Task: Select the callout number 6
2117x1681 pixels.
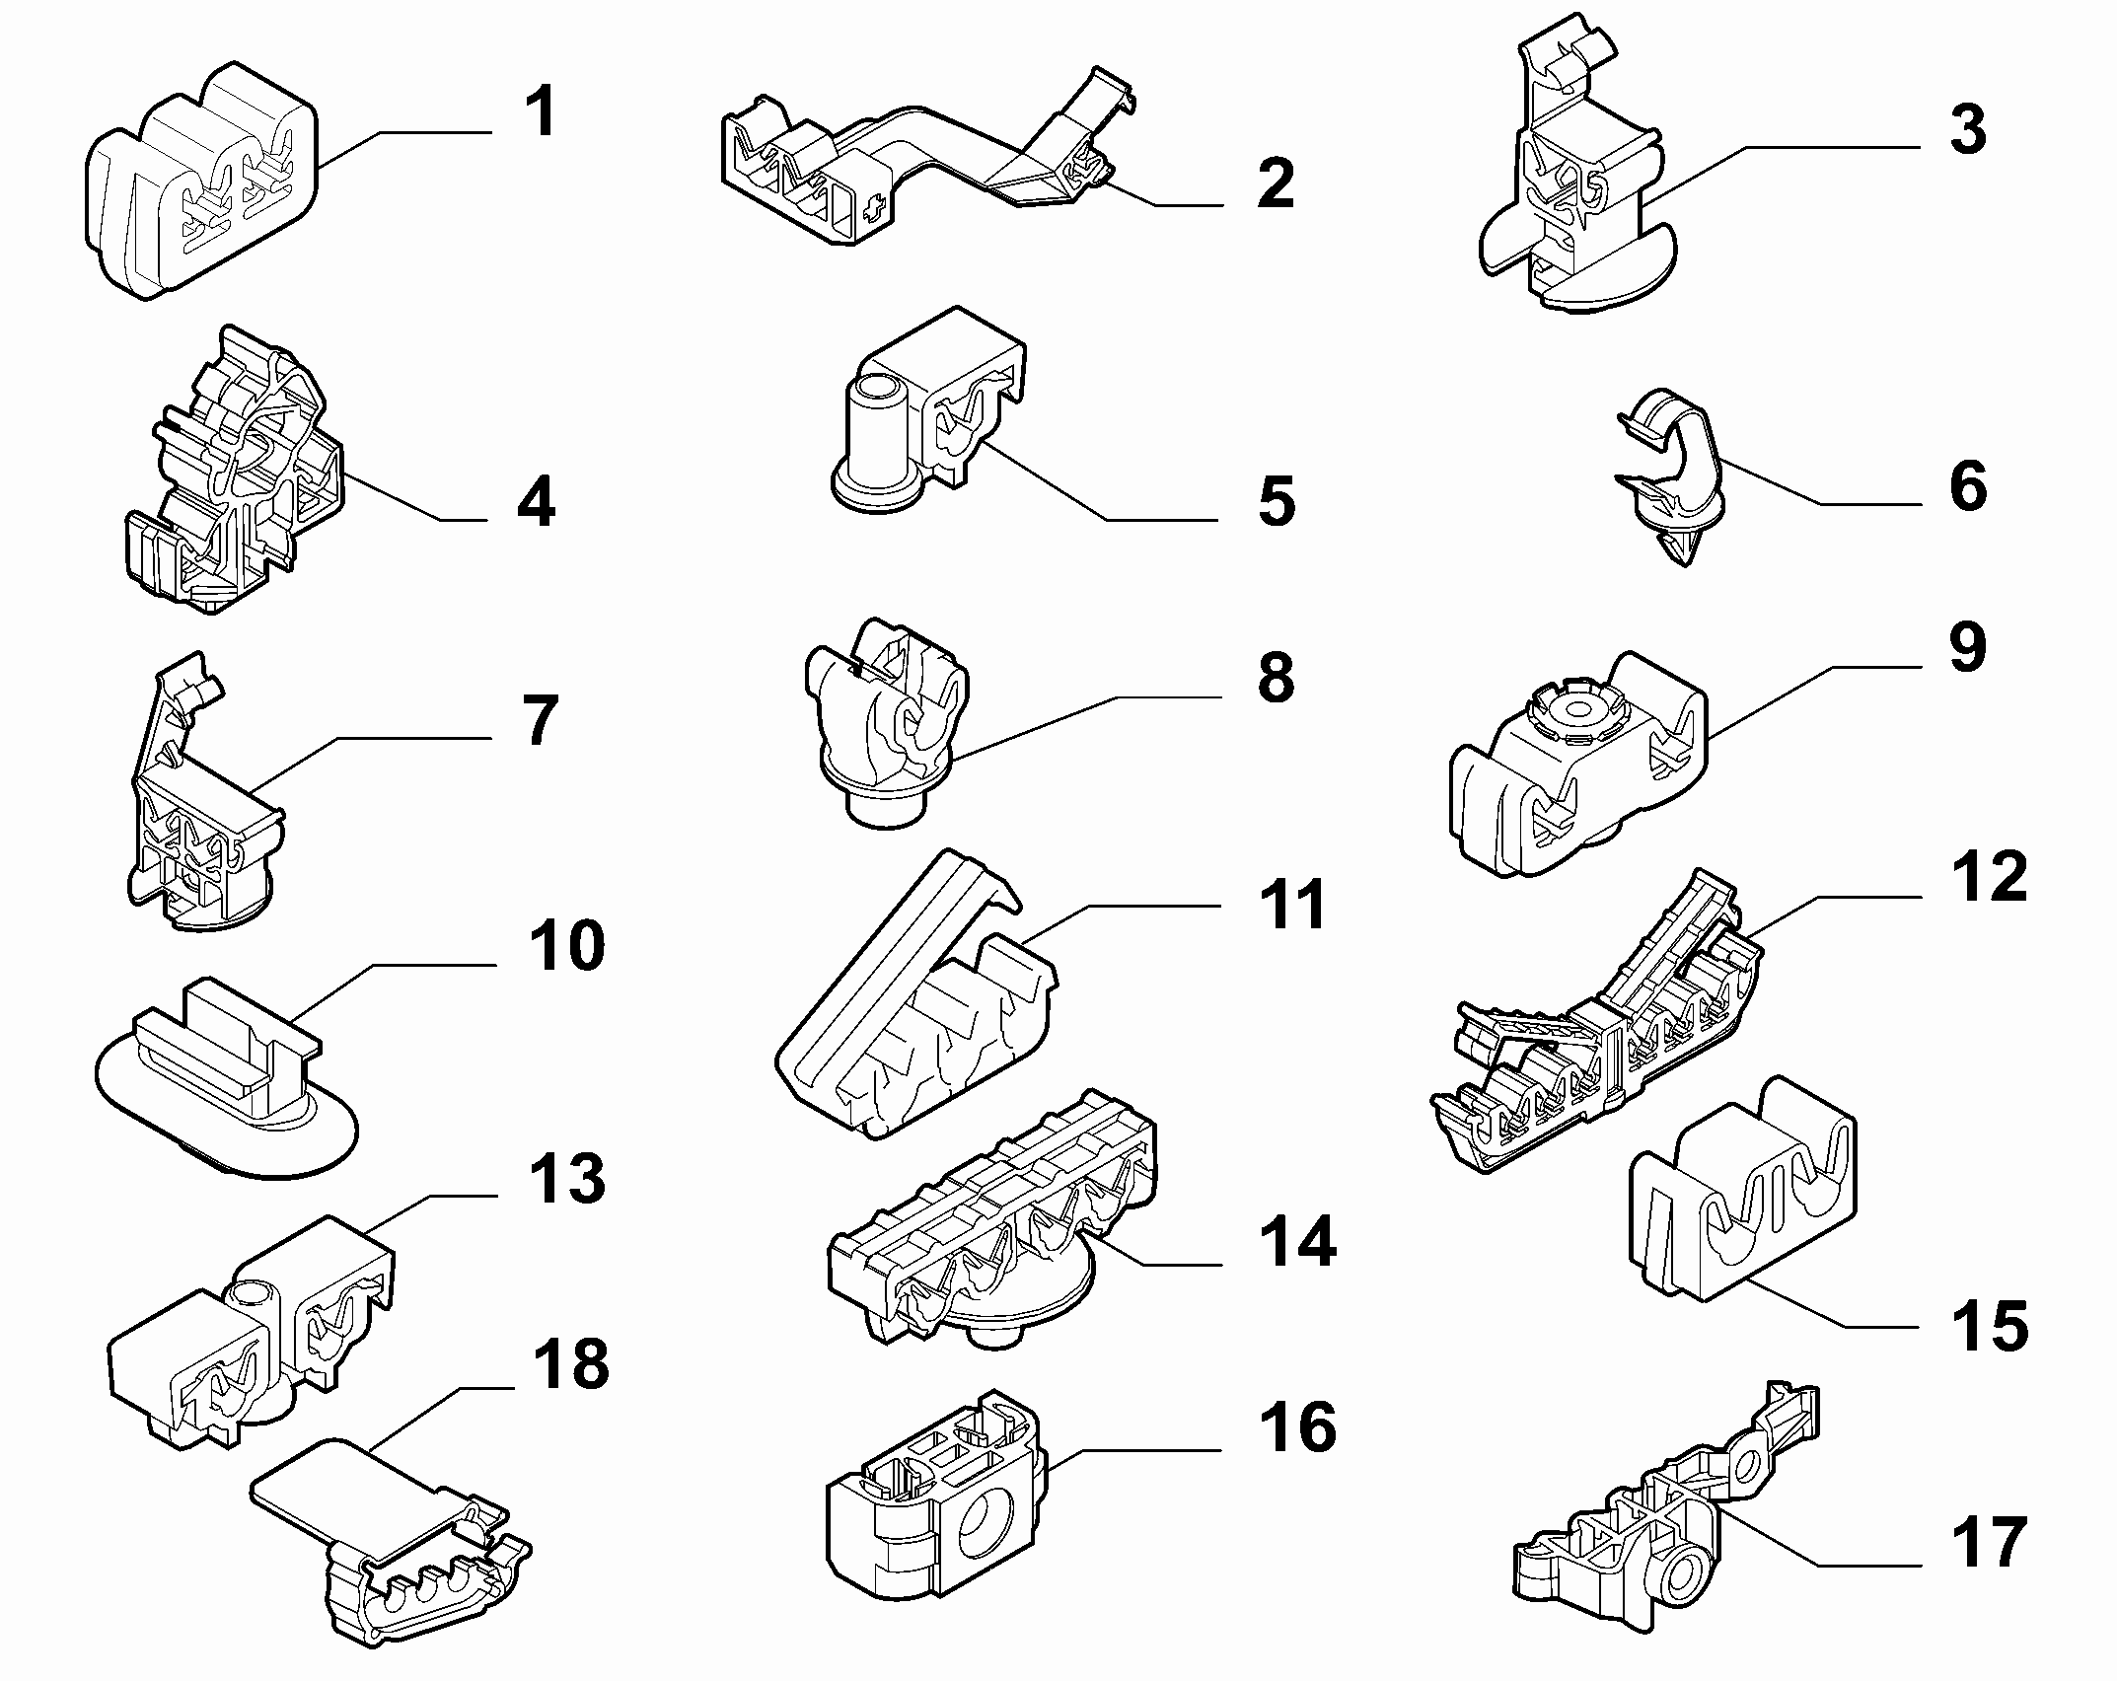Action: point(1968,486)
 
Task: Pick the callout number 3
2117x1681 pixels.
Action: point(1968,130)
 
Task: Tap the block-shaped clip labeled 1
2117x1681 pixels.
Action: point(201,181)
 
